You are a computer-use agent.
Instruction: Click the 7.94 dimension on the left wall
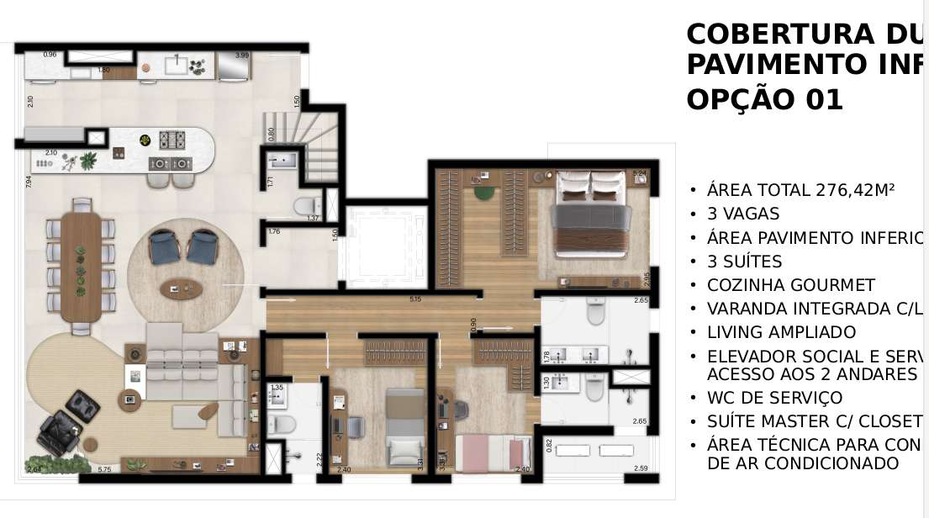click(x=29, y=182)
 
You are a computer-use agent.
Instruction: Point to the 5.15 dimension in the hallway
click(x=414, y=299)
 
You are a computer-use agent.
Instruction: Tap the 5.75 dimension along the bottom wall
click(x=105, y=469)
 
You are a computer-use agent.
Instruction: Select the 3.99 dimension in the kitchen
click(x=242, y=55)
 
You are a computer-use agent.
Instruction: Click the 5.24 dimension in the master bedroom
click(x=639, y=174)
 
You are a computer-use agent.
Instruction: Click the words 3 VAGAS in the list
click(x=743, y=214)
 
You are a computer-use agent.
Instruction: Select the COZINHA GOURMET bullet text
click(x=790, y=285)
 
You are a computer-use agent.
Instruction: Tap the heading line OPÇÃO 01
click(x=764, y=99)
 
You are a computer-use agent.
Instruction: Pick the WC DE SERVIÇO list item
click(x=774, y=398)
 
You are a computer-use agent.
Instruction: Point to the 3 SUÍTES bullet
click(x=744, y=262)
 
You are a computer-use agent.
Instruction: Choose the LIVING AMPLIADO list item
click(x=781, y=332)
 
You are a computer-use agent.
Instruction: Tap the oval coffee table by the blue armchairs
click(x=182, y=289)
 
